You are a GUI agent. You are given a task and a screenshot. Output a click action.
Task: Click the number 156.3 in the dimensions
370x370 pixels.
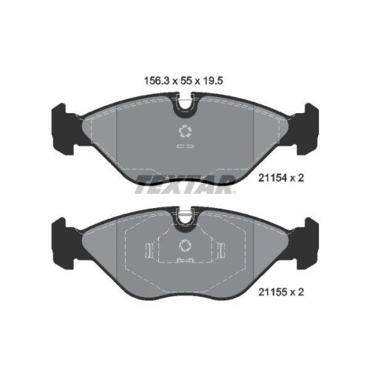(157, 81)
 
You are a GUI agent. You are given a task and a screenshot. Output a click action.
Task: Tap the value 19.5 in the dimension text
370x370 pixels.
(212, 81)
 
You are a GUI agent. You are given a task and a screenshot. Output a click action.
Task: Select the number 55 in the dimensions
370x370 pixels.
(186, 81)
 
